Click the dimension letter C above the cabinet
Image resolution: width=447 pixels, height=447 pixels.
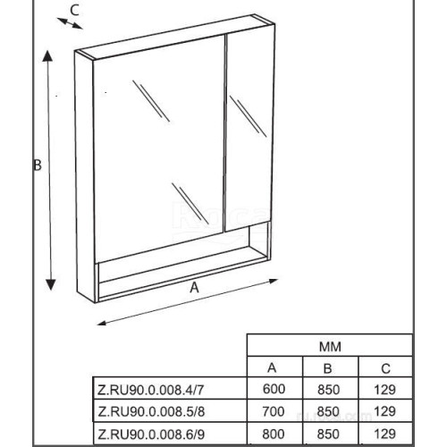74,10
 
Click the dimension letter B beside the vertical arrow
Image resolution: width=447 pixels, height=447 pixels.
38,164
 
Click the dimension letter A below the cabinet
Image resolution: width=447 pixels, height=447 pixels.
194,288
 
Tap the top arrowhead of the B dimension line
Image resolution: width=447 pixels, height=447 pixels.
47,56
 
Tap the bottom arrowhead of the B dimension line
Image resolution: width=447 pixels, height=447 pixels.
51,284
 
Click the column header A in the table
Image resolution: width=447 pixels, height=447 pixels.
272,368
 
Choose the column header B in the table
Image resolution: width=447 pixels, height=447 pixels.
327,368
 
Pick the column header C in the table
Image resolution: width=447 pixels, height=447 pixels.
385,369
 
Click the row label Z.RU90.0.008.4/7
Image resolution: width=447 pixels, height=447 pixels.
151,390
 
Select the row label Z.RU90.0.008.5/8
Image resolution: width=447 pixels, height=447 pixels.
151,412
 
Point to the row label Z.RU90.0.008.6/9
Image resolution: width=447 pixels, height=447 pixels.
151,434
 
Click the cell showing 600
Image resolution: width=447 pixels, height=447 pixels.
274,389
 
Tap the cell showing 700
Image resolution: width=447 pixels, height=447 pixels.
274,411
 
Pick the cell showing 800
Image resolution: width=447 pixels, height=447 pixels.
274,434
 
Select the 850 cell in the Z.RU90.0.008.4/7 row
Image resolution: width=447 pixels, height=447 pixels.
328,390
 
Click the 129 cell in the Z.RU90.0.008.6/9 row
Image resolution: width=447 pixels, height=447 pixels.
384,434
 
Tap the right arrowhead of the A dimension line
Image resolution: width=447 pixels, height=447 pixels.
274,281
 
